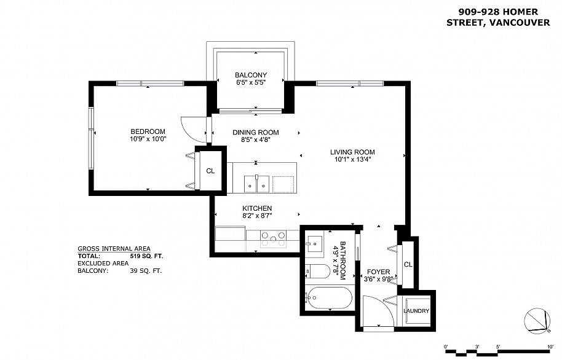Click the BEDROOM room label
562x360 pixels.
tap(148, 131)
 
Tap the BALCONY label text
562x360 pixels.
tap(250, 75)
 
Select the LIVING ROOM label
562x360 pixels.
tap(352, 152)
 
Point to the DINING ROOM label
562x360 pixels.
tap(256, 132)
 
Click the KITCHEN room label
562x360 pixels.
tap(257, 208)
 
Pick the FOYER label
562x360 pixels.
tap(379, 272)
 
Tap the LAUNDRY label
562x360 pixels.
tap(416, 311)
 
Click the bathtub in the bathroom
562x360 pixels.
tap(330, 298)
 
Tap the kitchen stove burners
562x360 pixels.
tap(274, 238)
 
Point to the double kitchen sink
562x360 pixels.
tap(256, 184)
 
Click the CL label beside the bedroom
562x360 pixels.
tap(210, 171)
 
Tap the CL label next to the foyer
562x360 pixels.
tap(408, 265)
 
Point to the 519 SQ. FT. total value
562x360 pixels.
tap(146, 256)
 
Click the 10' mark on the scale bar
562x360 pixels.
tap(550, 346)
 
